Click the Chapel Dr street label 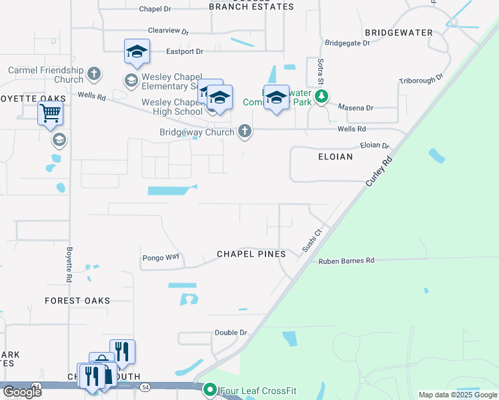coord(155,9)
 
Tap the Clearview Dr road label coord(169,31)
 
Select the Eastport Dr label coord(184,51)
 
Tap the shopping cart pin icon coord(51,114)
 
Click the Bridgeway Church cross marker coord(245,131)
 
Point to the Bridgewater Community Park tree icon coord(322,97)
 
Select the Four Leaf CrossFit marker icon coord(210,389)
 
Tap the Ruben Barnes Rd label coord(346,261)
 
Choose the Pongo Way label coord(161,257)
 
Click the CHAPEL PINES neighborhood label coord(251,255)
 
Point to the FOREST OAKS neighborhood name coord(78,301)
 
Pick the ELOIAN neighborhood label coord(336,157)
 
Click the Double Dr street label coord(231,333)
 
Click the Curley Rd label coord(378,171)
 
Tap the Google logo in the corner coord(22,391)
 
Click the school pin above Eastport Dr coord(137,52)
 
